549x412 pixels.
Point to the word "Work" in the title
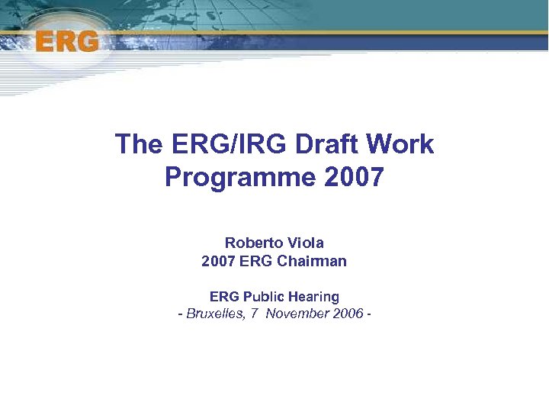[x=405, y=144]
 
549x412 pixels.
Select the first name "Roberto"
[x=253, y=243]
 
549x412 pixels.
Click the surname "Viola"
[x=305, y=243]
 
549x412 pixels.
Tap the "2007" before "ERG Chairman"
[x=218, y=261]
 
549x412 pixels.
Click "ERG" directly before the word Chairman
[x=256, y=261]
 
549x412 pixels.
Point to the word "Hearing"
[x=315, y=296]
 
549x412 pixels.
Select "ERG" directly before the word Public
[x=224, y=296]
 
